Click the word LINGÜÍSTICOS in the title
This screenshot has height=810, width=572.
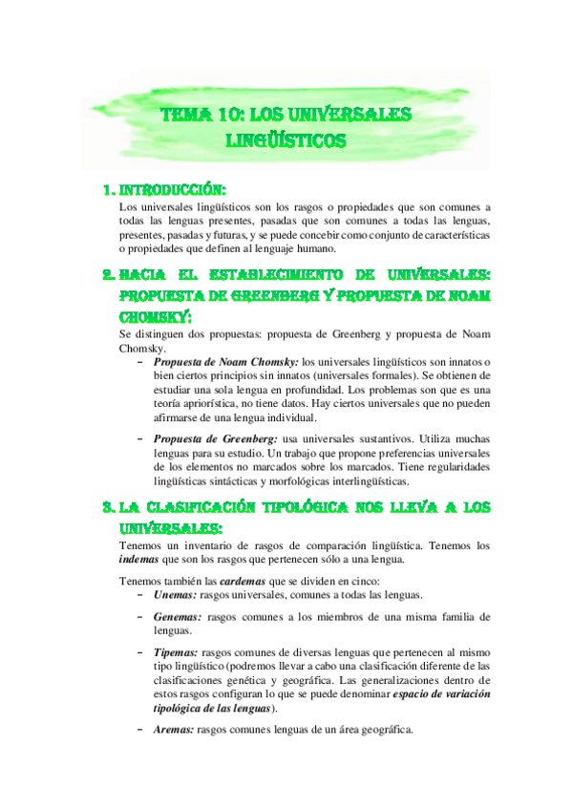[x=286, y=141]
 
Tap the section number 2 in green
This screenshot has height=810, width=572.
[x=107, y=274]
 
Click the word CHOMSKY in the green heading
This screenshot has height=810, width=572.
[x=153, y=315]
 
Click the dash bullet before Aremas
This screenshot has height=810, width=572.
[x=141, y=730]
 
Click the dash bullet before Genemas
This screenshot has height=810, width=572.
[x=141, y=616]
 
